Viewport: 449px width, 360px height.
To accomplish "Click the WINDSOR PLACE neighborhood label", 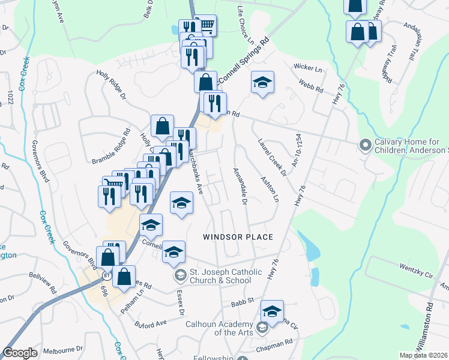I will pos(238,237).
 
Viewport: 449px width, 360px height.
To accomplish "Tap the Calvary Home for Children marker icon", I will pos(364,145).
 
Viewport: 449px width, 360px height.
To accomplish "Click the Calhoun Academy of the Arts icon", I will pos(261,328).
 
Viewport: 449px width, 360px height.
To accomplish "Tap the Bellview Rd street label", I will pos(42,282).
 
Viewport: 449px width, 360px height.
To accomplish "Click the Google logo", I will pos(20,353).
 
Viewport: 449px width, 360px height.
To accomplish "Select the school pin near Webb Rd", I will pos(262,82).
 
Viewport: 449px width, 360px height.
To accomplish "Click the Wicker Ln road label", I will pos(305,67).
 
